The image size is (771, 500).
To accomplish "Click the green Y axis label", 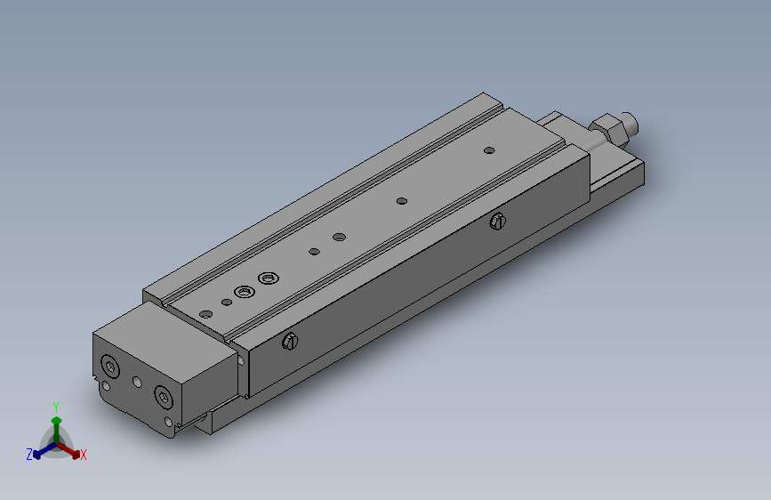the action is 56,407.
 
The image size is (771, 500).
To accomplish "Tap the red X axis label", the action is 83,455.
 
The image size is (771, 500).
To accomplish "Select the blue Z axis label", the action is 29,455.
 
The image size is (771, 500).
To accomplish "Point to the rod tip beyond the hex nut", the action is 630,123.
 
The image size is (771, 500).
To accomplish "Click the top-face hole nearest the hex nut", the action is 489,150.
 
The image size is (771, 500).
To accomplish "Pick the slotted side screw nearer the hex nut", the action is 498,222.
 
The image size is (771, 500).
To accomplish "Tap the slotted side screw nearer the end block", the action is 290,341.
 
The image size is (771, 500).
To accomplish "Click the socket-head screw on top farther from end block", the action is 269,278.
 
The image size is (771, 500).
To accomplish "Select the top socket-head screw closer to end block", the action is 245,293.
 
